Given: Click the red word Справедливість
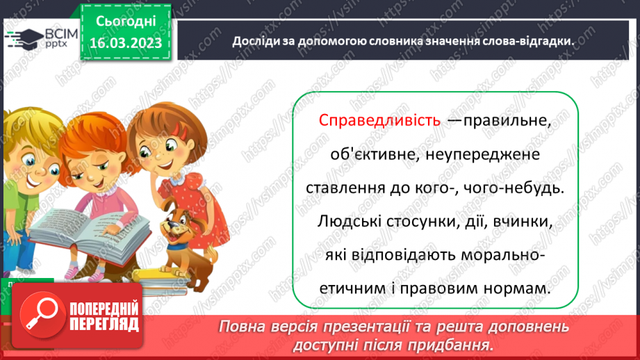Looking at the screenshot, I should pos(379,120).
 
